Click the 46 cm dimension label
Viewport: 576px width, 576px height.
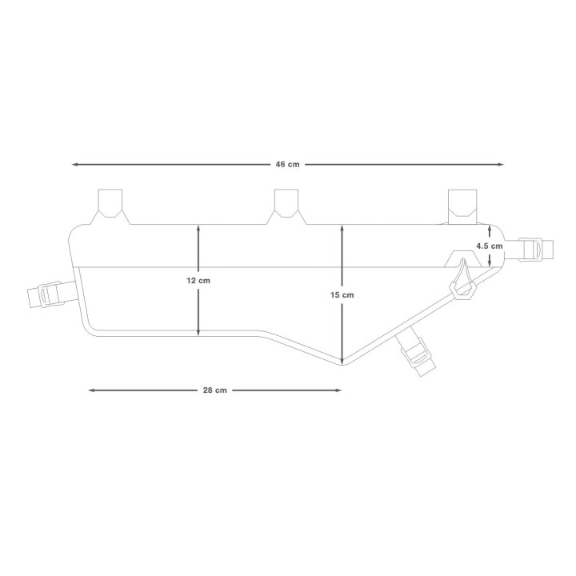coord(287,164)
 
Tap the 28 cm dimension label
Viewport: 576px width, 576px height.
coord(214,390)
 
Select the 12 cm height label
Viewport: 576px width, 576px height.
coord(199,280)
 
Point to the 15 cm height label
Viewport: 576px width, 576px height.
coord(342,295)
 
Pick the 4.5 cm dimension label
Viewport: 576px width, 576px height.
coord(489,246)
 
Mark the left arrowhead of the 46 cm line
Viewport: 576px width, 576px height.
coord(74,164)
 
